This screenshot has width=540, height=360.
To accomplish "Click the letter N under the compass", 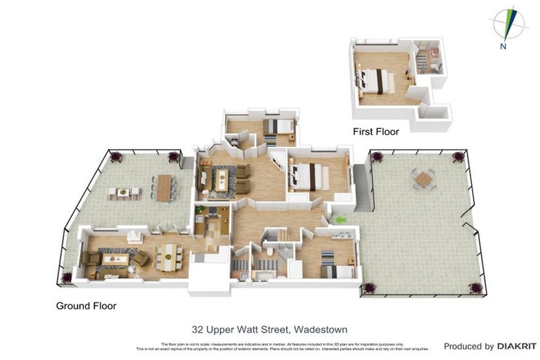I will click(503, 46).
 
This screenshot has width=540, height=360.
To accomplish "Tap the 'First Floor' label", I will click(375, 131).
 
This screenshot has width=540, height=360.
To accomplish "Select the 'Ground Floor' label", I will click(86, 306).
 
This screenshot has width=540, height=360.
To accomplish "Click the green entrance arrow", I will click(340, 220).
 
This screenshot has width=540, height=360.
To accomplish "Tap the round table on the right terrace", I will click(423, 179).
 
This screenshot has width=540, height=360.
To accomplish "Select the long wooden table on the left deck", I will click(165, 188).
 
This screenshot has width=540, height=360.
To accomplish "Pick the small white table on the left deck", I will click(123, 191).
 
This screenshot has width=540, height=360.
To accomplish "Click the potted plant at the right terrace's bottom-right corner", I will click(476, 288).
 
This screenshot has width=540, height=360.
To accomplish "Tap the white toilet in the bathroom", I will click(270, 250).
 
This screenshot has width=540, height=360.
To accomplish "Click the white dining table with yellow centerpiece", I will click(169, 257).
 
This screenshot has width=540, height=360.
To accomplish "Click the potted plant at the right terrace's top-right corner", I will click(458, 156).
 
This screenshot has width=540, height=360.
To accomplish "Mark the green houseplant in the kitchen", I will click(200, 210).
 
